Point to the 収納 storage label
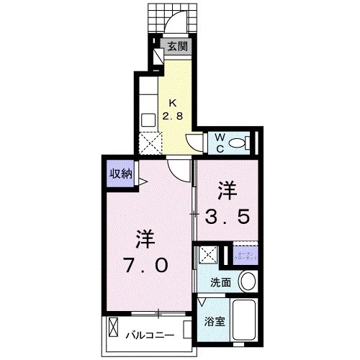coord(120,173)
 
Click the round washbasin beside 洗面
coord(248,282)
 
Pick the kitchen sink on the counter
coord(148,119)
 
